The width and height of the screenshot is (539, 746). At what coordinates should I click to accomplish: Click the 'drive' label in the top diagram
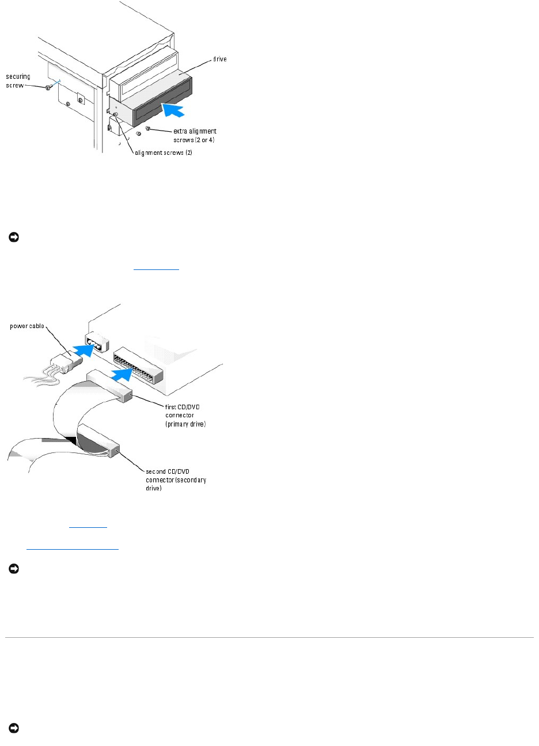click(220, 60)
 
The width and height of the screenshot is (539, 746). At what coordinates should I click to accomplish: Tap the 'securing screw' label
click(18, 81)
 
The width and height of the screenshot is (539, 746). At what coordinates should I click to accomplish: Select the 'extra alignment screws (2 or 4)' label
click(195, 136)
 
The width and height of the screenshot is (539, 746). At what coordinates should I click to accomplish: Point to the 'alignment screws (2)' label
click(164, 153)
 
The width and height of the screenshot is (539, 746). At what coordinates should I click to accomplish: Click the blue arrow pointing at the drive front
click(174, 108)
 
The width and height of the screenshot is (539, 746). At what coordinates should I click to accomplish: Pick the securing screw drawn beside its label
click(48, 87)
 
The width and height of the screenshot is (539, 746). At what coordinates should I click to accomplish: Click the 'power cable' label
click(27, 326)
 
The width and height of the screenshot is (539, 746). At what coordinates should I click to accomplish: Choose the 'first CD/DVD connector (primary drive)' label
click(185, 415)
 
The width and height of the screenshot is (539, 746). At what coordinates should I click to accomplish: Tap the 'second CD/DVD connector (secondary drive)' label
click(176, 480)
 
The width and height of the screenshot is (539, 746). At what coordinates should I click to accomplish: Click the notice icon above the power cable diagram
click(12, 237)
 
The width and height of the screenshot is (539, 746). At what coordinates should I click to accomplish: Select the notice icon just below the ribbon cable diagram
click(12, 569)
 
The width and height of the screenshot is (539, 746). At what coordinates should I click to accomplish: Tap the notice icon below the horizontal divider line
click(12, 728)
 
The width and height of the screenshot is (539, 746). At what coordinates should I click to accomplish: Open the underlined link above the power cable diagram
click(156, 268)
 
